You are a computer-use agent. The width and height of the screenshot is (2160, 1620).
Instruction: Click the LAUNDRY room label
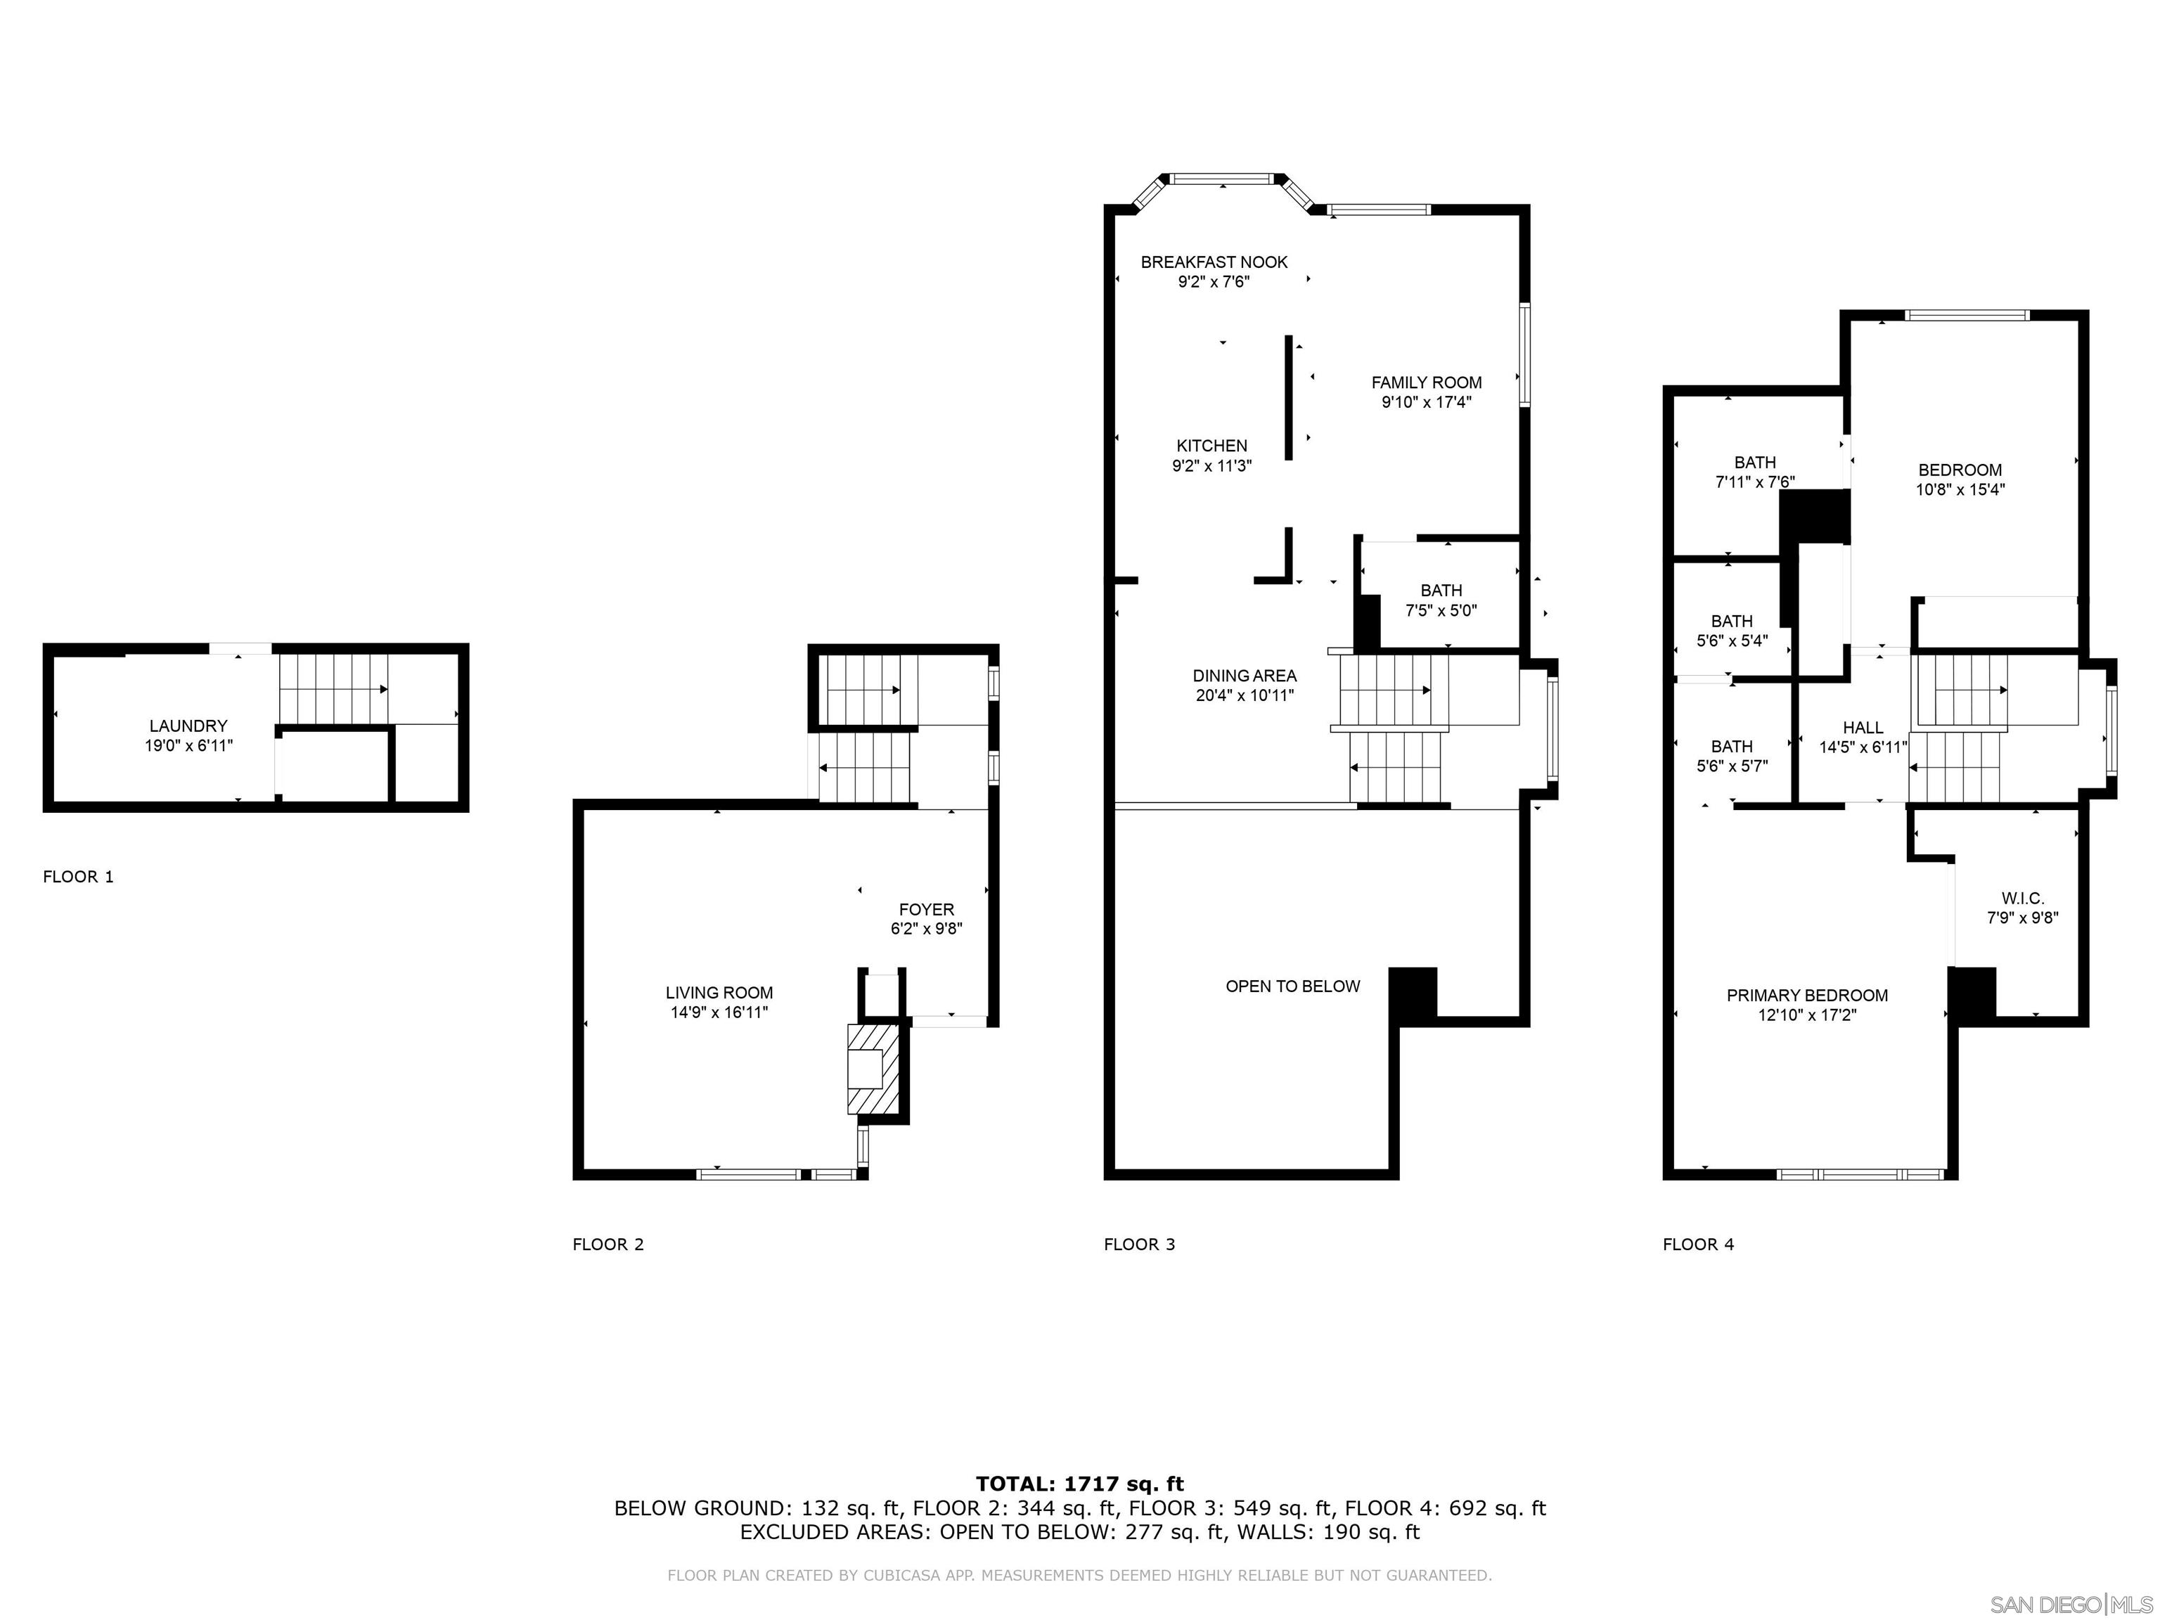point(188,726)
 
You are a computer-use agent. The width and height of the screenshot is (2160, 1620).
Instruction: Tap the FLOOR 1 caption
point(78,877)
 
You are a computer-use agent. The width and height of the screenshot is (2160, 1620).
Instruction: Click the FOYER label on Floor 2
point(926,909)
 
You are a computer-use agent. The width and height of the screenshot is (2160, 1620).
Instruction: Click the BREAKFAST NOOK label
point(1214,262)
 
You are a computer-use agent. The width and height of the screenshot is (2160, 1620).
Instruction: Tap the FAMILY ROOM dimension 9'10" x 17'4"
point(1426,402)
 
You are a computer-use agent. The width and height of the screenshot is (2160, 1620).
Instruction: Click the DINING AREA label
point(1244,676)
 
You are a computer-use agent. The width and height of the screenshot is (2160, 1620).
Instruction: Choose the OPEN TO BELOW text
point(1292,986)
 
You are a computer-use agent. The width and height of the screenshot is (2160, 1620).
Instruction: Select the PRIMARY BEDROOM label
point(1806,995)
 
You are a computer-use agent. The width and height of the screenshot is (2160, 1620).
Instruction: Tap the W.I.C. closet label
point(2022,899)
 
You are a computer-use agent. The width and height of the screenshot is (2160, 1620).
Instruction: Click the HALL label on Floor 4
point(1862,728)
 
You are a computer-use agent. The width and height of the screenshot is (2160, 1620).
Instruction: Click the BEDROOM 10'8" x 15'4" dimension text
point(1960,490)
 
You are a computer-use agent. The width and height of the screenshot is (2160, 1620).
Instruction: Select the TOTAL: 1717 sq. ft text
point(1079,1484)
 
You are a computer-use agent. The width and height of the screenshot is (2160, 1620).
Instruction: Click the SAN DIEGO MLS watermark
point(2070,1605)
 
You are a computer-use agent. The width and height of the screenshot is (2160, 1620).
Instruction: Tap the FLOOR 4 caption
point(1698,1244)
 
